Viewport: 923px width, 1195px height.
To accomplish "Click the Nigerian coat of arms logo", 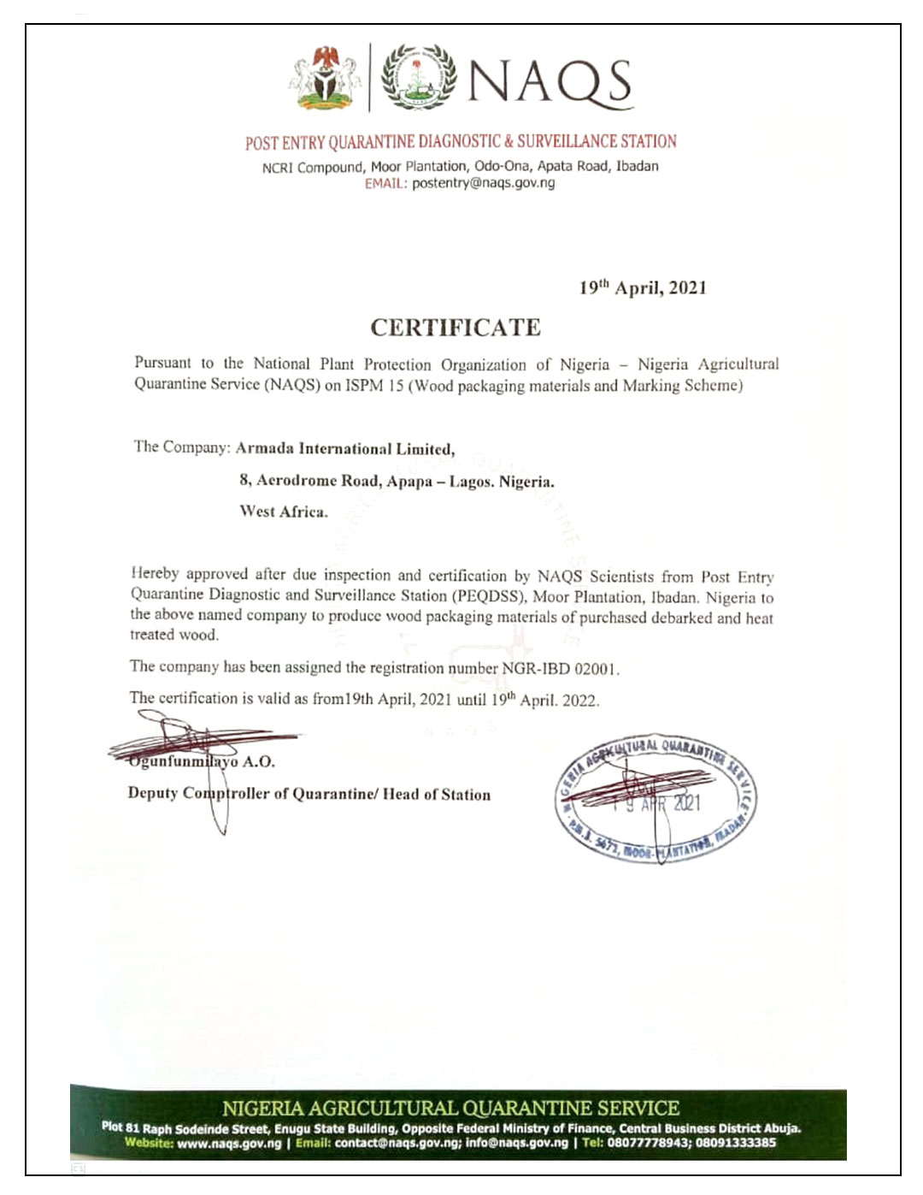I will coord(325,78).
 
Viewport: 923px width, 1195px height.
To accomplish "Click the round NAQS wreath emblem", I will coord(418,77).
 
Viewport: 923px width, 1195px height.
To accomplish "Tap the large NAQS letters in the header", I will coord(549,82).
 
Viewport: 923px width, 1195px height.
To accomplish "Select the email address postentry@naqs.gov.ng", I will coord(483,183).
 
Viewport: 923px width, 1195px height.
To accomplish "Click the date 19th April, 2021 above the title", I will coord(643,287).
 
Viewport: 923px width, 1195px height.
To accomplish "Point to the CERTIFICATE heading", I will coord(456,328).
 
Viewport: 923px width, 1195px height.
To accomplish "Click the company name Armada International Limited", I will coord(344,448).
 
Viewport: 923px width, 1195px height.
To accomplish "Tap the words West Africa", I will coord(284,512).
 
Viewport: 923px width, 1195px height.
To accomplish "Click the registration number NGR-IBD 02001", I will coord(560,668).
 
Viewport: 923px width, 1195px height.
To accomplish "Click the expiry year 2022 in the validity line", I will coord(580,700).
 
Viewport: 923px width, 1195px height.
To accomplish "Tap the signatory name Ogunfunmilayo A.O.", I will coord(202,761).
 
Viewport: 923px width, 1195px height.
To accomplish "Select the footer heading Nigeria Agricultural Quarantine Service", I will coord(450,1109).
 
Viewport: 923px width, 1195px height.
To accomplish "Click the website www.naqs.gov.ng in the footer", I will coord(229,1143).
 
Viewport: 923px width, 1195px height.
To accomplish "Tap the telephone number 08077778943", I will coord(649,1143).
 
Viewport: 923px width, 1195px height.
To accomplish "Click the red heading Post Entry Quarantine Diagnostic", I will coord(461,142).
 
